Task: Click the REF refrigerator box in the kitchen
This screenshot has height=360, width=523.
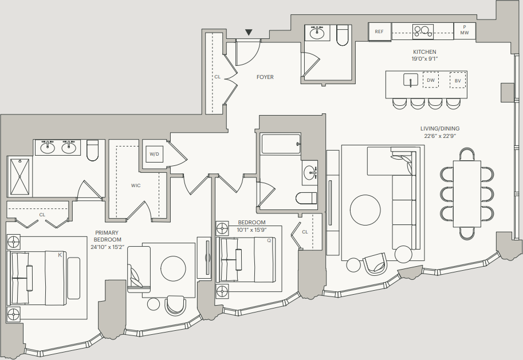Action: (380, 31)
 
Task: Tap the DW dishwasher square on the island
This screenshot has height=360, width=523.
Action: (431, 80)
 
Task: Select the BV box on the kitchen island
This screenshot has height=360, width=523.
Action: (458, 80)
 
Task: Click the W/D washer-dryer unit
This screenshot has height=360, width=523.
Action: (155, 154)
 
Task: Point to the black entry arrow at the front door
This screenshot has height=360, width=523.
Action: (249, 32)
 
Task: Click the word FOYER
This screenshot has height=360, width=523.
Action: (265, 77)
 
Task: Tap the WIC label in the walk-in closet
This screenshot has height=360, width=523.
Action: (136, 185)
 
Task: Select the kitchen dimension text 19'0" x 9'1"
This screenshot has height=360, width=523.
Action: (424, 59)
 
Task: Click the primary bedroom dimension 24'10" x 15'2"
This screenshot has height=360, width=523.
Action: (107, 247)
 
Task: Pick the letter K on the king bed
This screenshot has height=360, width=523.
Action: (60, 255)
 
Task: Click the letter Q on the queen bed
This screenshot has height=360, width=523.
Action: (269, 240)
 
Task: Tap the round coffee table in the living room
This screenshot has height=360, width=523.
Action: (365, 210)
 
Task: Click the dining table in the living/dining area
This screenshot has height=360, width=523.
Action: (467, 193)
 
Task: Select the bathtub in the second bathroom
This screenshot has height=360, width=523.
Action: (281, 144)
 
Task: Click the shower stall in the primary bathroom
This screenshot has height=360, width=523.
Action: (19, 177)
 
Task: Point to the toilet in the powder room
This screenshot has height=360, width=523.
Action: (343, 35)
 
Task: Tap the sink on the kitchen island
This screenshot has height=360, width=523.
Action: (411, 80)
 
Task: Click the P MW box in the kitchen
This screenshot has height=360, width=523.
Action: (465, 30)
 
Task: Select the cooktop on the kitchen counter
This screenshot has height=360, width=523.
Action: (423, 31)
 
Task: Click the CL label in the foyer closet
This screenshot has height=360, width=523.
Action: (218, 77)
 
